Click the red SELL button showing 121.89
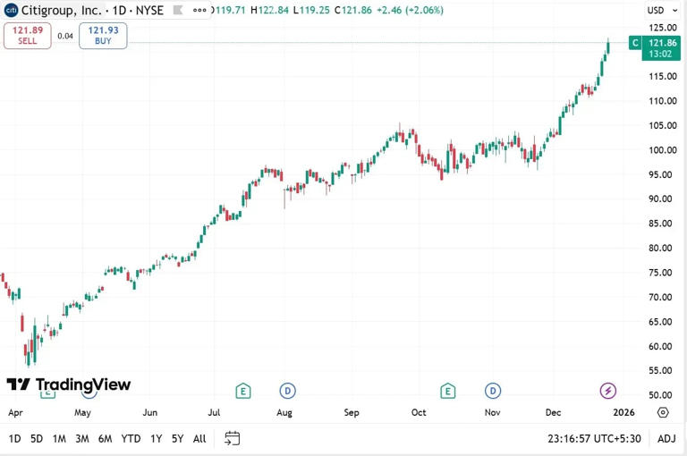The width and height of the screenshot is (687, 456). tap(27, 36)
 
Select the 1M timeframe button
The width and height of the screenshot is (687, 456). tap(59, 438)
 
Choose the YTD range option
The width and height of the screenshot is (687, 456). tap(131, 438)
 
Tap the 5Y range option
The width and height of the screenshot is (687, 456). tap(177, 438)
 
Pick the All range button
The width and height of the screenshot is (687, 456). tap(199, 438)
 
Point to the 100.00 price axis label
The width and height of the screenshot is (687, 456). tap(662, 150)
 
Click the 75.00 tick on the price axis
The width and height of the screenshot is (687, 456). tap(660, 273)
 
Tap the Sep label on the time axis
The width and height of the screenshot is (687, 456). tap(352, 413)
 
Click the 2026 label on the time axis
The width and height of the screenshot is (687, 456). tap(623, 413)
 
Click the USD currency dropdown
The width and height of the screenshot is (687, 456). tap(659, 11)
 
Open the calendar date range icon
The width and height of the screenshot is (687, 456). tap(233, 438)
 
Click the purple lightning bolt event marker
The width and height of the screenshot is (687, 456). tap(607, 390)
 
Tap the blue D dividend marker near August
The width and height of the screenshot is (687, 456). tap(287, 390)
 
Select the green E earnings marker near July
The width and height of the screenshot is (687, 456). tap(242, 390)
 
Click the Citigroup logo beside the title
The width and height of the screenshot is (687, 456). tap(12, 10)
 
